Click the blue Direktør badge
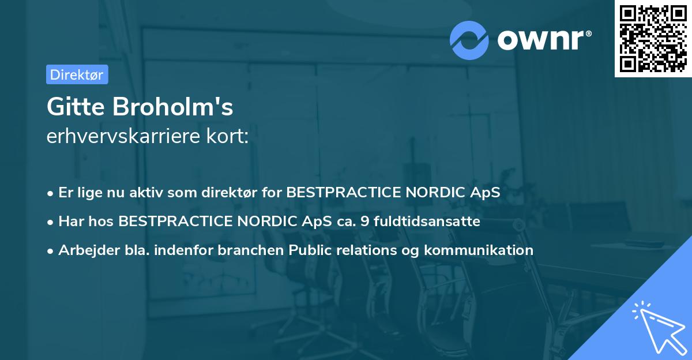77,74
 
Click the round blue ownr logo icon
469,40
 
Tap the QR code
653,38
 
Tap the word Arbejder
84,250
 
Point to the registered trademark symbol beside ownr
588,34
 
